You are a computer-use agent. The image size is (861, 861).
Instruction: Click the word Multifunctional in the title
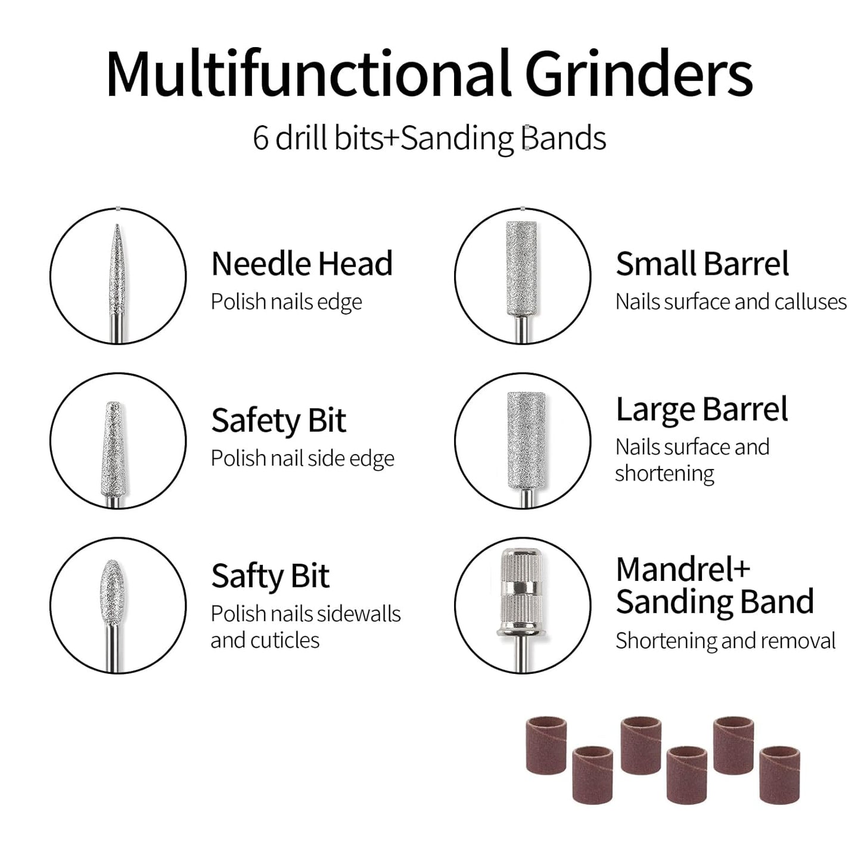pyautogui.click(x=309, y=73)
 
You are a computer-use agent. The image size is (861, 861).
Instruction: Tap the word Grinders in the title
pyautogui.click(x=639, y=73)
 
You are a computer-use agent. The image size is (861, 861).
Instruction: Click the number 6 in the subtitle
pyautogui.click(x=260, y=138)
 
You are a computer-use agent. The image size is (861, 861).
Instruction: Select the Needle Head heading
pyautogui.click(x=302, y=263)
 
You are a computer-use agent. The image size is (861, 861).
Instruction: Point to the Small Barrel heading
pyautogui.click(x=703, y=263)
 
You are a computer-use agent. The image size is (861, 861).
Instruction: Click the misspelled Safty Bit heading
pyautogui.click(x=271, y=576)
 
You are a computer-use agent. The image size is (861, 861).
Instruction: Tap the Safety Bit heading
pyautogui.click(x=279, y=421)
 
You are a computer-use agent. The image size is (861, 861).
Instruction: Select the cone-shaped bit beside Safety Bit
pyautogui.click(x=114, y=449)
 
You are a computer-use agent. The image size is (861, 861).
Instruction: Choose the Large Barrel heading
pyautogui.click(x=702, y=409)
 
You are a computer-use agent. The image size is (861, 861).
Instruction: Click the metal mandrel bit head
pyautogui.click(x=521, y=590)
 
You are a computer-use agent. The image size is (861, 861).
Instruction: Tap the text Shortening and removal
pyautogui.click(x=726, y=641)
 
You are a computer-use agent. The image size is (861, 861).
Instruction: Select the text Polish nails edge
pyautogui.click(x=287, y=302)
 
